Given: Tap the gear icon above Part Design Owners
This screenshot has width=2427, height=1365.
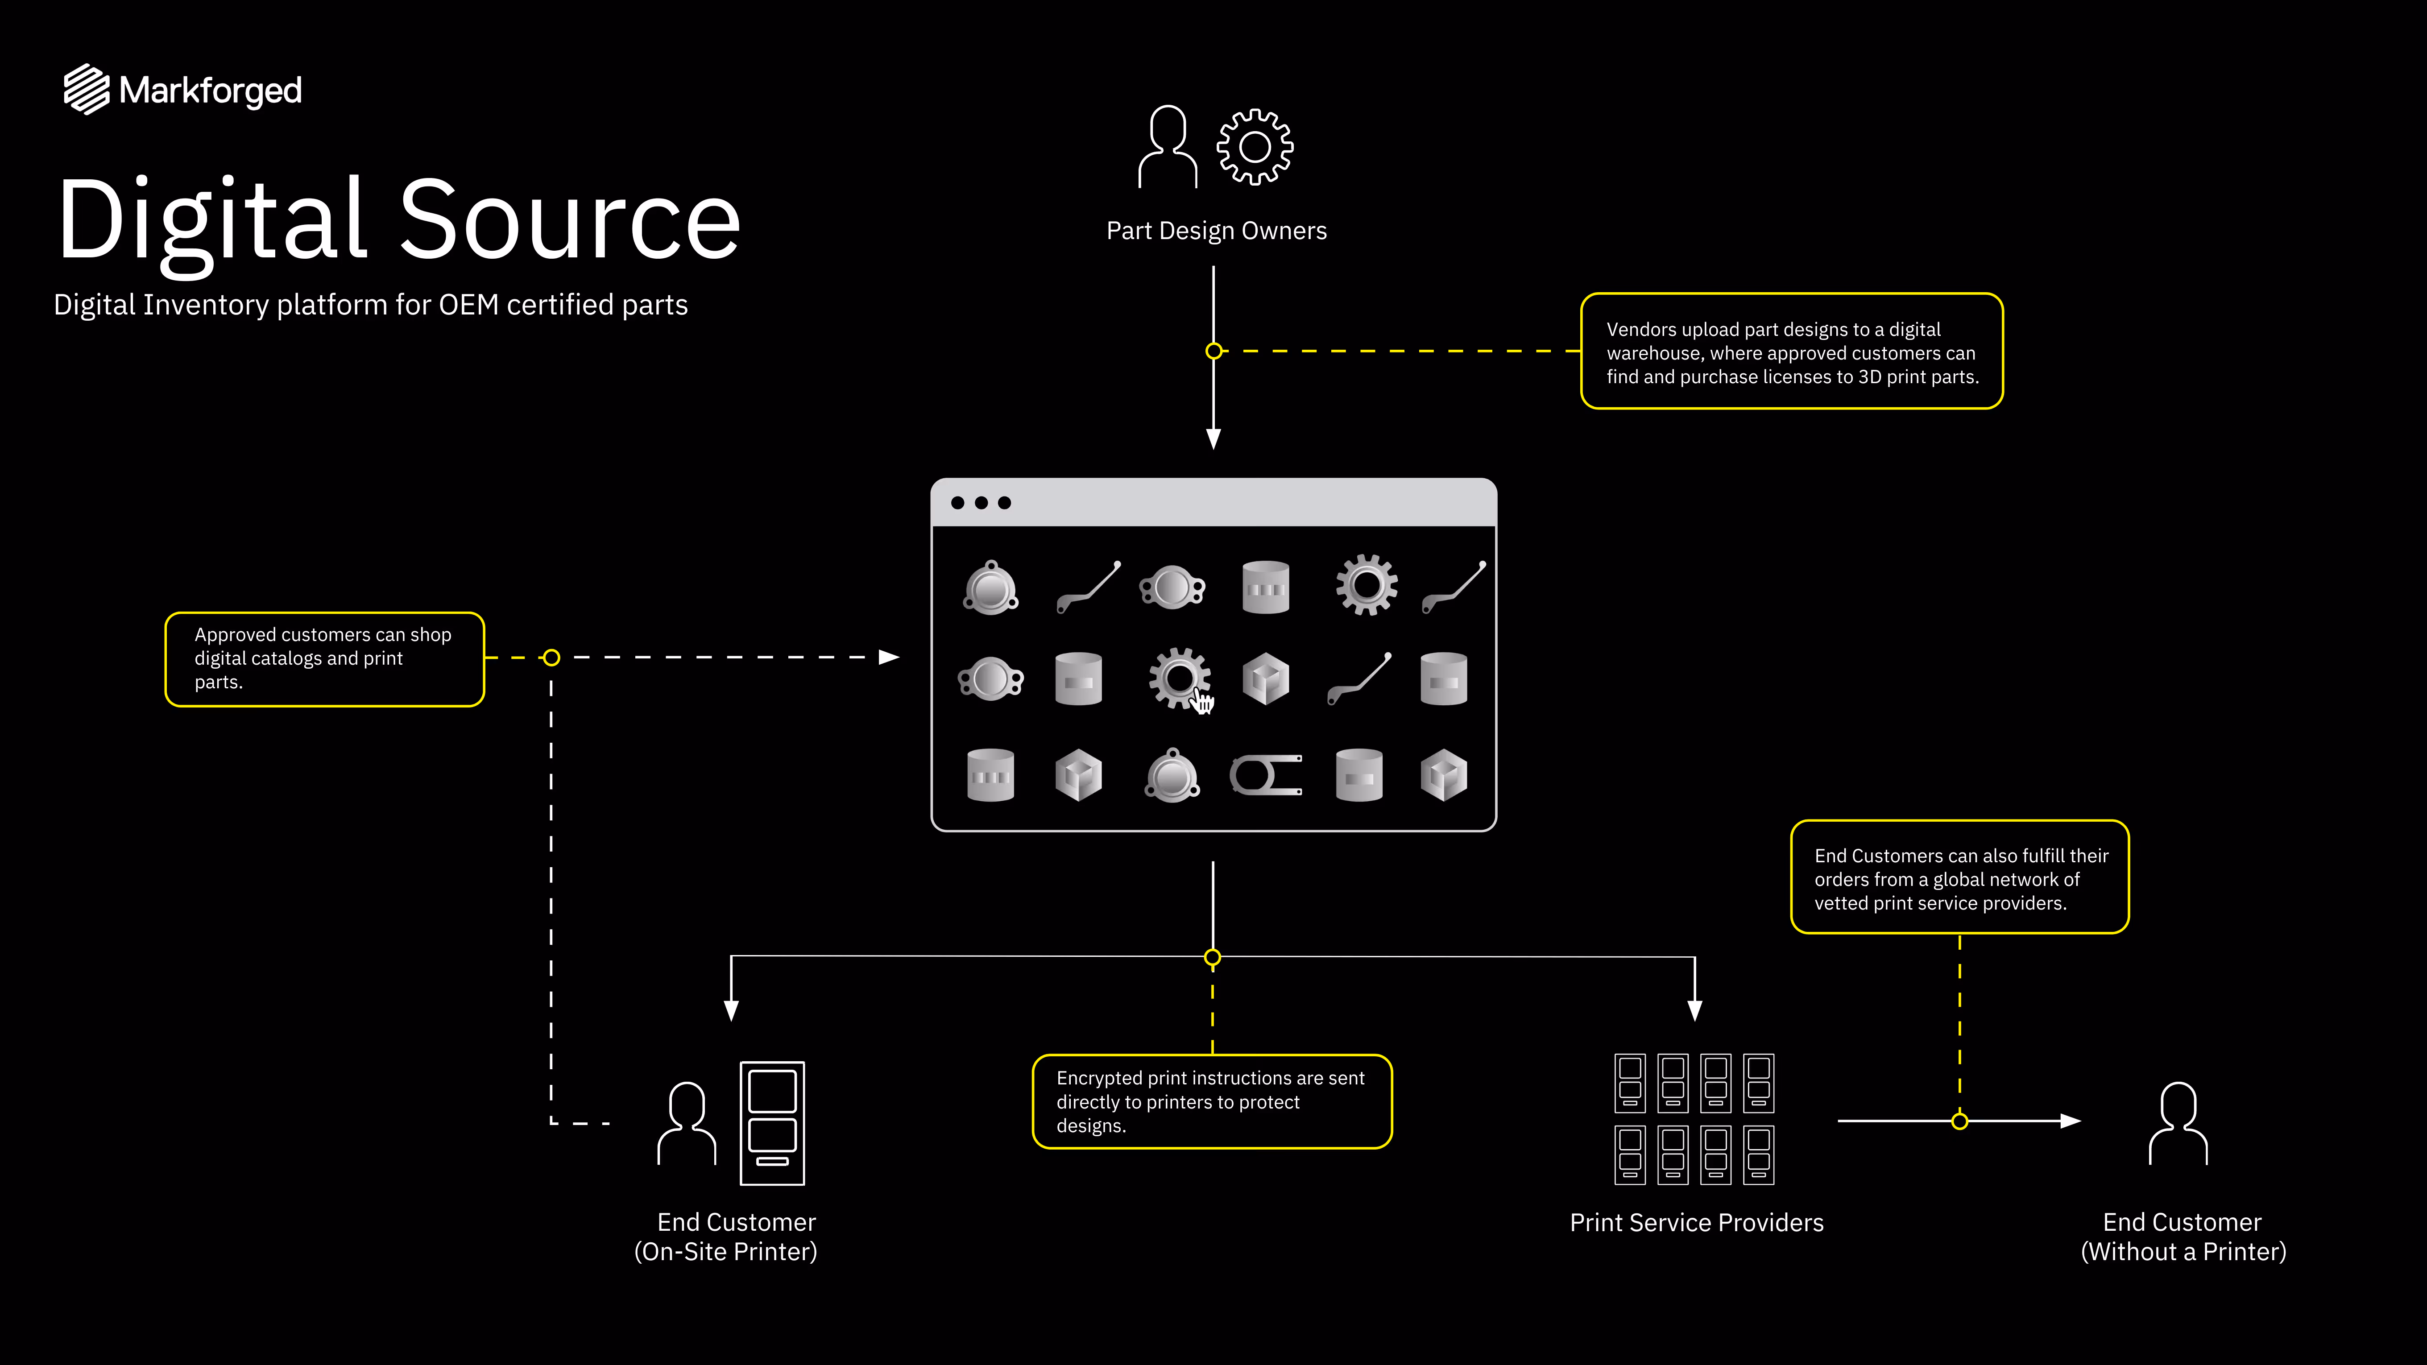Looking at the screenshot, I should pyautogui.click(x=1254, y=147).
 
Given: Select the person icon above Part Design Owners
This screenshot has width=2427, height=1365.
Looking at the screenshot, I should pyautogui.click(x=1168, y=147).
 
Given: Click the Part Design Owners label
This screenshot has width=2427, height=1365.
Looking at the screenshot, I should pyautogui.click(x=1215, y=231).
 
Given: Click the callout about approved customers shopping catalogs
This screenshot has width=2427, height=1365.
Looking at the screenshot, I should pyautogui.click(x=324, y=658).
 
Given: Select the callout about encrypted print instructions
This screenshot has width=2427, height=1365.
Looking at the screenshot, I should pyautogui.click(x=1212, y=1101).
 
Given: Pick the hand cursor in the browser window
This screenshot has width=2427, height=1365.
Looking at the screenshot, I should pyautogui.click(x=1203, y=702).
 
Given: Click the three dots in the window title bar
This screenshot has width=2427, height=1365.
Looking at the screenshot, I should pyautogui.click(x=981, y=503).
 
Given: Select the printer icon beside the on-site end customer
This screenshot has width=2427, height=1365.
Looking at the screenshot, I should pyautogui.click(x=772, y=1122).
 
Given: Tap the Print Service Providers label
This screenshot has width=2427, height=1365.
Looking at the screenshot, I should pyautogui.click(x=1696, y=1223).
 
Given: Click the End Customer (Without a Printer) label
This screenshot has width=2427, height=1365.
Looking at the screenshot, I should pyautogui.click(x=2182, y=1236).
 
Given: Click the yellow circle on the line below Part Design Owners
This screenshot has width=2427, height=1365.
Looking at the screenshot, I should pyautogui.click(x=1213, y=352).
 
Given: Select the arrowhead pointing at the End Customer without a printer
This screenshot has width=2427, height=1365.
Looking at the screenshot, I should pyautogui.click(x=2070, y=1121).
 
